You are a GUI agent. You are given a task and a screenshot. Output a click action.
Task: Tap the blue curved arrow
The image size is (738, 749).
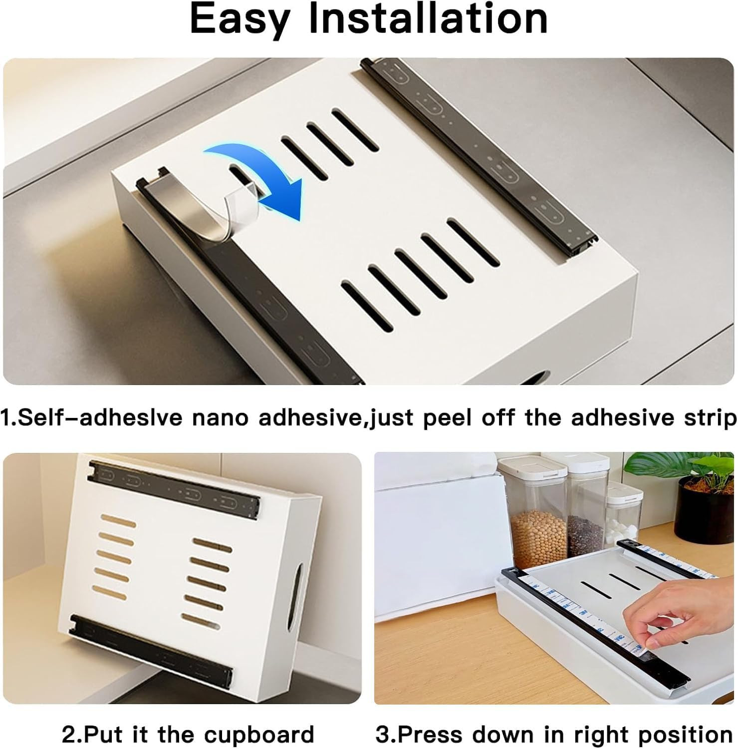click(x=259, y=175)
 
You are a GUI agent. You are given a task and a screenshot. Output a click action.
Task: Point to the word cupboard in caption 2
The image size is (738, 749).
click(x=259, y=735)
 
